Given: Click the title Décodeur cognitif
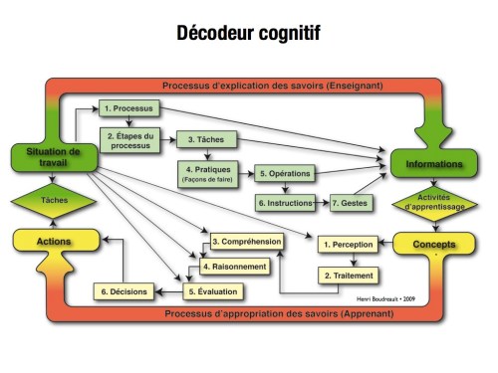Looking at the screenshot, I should (248, 33).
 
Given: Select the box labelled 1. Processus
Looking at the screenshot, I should (126, 107).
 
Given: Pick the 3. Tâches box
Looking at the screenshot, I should (203, 141).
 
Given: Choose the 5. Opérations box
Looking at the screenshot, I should (284, 173).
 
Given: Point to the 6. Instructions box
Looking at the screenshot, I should (284, 202).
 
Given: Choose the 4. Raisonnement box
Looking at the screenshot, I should (233, 267).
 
